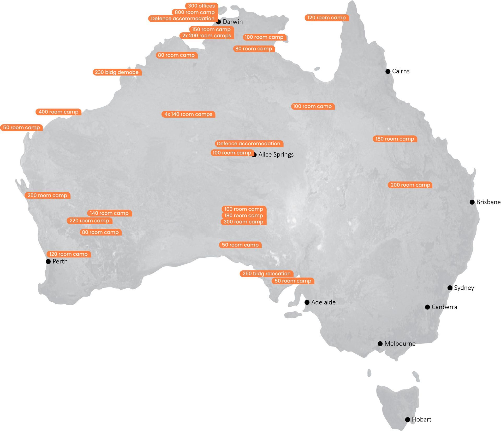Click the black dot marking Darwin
click(218, 22)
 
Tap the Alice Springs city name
click(276, 154)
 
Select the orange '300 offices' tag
click(201, 6)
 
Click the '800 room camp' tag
click(194, 12)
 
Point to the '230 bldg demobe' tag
click(117, 72)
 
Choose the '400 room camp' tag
click(58, 112)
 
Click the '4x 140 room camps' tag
click(188, 114)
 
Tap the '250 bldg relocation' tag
click(266, 274)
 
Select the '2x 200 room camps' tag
click(207, 36)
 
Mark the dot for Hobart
click(408, 419)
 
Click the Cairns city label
click(401, 71)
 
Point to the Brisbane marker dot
click(472, 202)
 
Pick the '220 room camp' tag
click(89, 221)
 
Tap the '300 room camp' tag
click(243, 222)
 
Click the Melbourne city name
click(400, 343)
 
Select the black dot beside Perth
click(48, 261)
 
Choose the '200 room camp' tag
click(410, 185)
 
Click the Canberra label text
click(444, 307)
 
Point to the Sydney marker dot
click(450, 288)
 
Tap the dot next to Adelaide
click(307, 302)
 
